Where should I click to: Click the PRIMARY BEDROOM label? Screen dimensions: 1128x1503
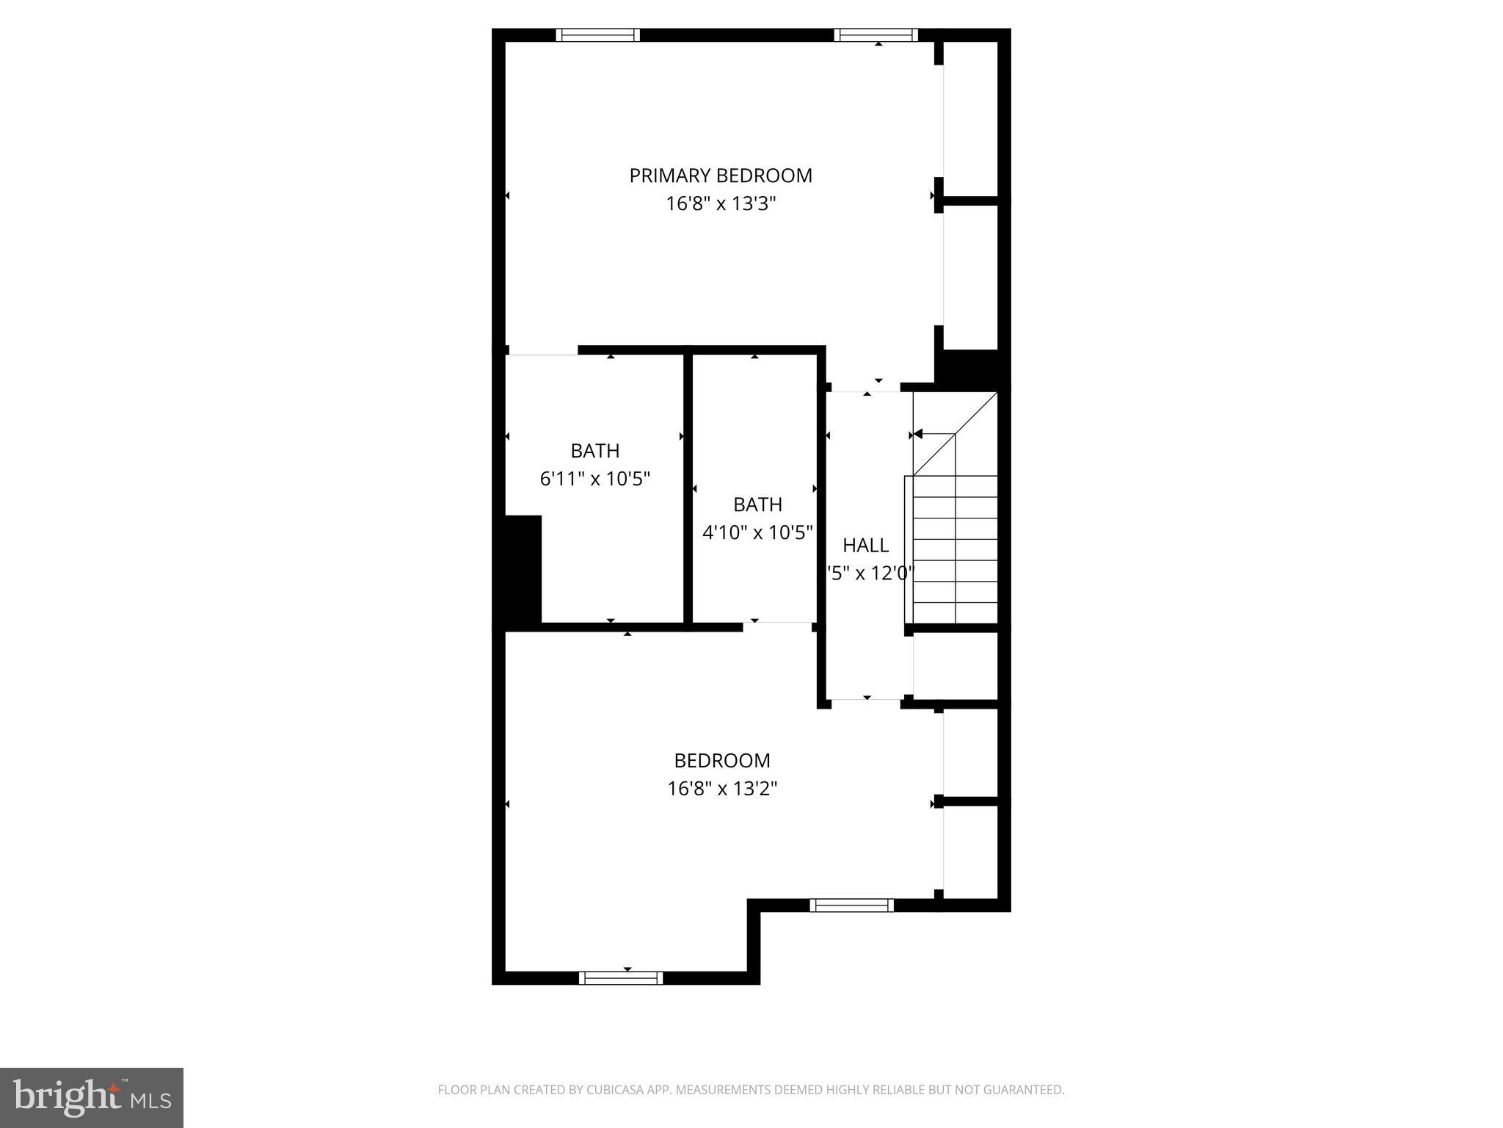721,176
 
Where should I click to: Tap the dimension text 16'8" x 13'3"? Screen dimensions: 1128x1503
721,203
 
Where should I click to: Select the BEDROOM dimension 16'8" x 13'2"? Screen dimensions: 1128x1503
722,788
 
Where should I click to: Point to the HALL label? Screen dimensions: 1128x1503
866,545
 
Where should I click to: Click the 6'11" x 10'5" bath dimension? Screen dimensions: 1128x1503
595,479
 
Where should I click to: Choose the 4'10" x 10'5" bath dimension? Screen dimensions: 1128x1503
757,532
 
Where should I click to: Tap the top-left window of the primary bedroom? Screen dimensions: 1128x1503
597,35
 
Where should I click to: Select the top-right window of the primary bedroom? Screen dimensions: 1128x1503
876,35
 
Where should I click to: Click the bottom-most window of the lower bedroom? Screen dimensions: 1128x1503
621,977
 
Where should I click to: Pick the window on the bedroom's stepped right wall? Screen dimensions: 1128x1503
851,905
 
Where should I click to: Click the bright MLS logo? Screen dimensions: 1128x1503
92,1098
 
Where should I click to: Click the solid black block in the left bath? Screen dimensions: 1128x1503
523,569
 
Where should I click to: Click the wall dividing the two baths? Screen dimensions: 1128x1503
688,488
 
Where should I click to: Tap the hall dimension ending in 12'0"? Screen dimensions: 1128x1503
870,573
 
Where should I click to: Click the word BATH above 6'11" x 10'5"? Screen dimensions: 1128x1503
595,450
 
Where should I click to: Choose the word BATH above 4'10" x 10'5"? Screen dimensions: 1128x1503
757,505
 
